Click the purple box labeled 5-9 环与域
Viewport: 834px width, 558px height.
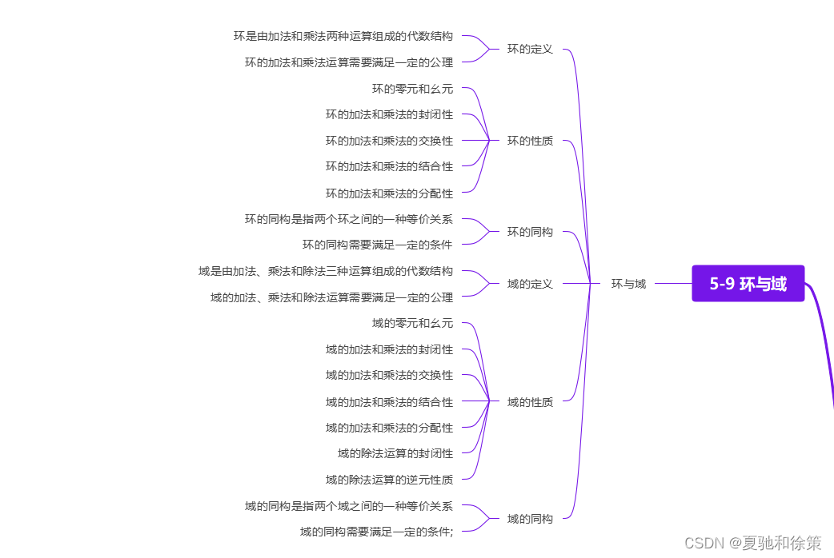coord(748,284)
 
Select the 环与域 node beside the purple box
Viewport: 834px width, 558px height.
coord(628,284)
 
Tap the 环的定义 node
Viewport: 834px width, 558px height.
coord(530,49)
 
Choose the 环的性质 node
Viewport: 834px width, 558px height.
coord(530,141)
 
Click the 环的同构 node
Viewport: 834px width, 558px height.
coord(530,232)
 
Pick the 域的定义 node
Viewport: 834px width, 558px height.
coord(530,284)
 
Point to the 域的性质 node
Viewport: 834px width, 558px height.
coord(530,402)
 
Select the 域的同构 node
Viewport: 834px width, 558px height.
coord(530,519)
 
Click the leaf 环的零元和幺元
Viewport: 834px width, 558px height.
coord(412,89)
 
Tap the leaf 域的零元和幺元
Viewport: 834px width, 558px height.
coord(412,323)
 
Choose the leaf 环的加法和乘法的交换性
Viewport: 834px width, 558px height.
coord(389,141)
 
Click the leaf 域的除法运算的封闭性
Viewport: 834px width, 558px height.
coord(395,453)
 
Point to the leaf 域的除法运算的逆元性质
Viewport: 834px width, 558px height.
coord(389,480)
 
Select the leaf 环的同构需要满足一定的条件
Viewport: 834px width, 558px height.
coord(377,245)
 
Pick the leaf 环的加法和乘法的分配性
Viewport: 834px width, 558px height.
coord(389,193)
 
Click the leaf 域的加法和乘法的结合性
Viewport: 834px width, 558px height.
coord(389,402)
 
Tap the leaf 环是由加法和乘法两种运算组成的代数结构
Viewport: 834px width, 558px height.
coord(343,36)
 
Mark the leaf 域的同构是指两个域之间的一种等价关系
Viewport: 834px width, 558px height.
coord(348,506)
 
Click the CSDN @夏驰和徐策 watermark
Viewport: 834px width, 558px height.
coord(752,543)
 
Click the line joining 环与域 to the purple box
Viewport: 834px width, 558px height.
coord(672,284)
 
